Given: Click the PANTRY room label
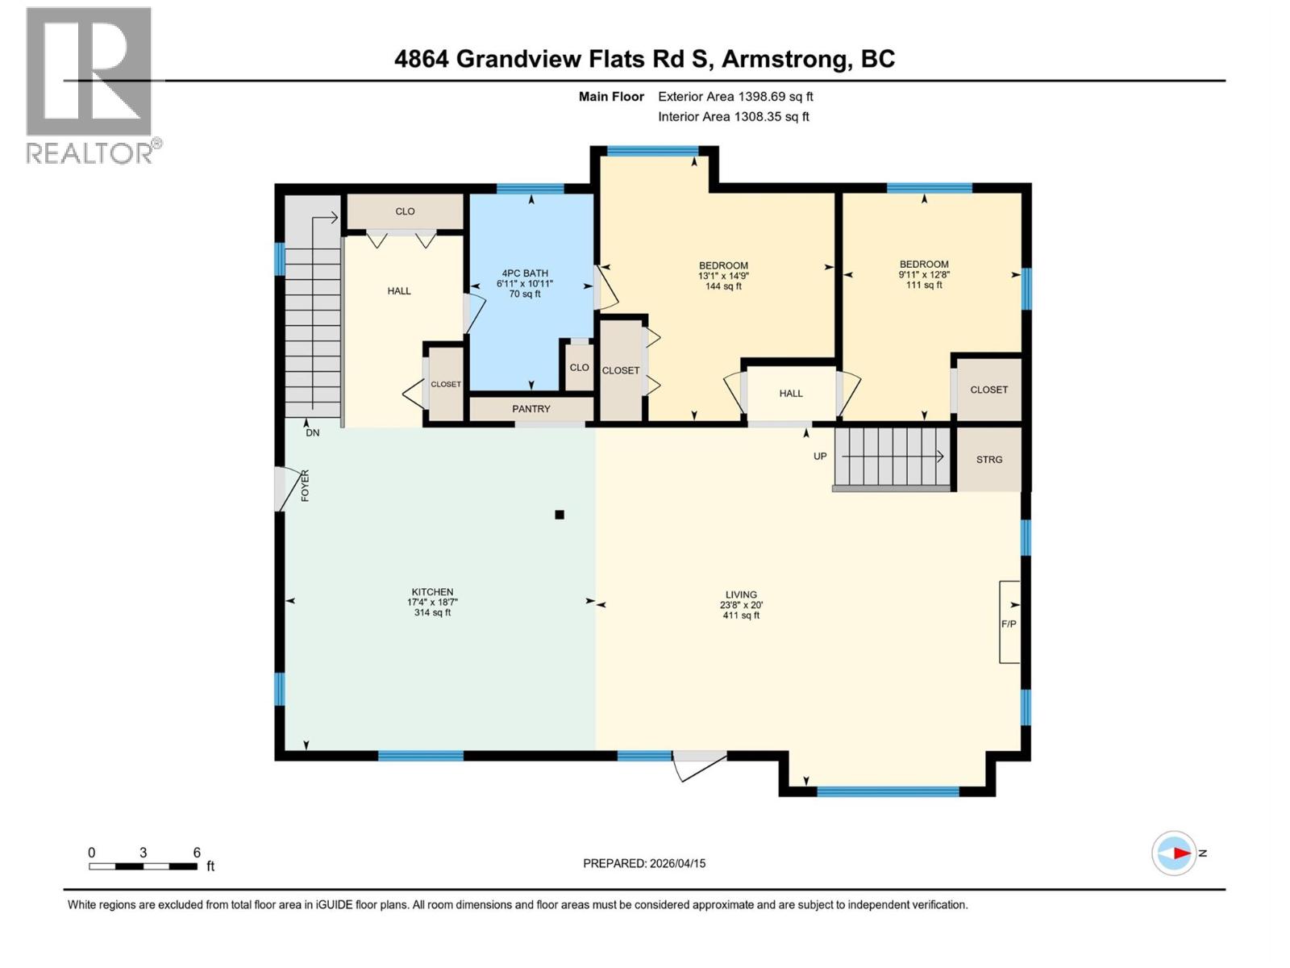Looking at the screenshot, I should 531,409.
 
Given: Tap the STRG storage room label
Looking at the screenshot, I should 989,459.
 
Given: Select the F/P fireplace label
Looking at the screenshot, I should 1008,624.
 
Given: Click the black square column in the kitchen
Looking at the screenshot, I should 560,515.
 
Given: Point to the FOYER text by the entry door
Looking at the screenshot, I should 305,486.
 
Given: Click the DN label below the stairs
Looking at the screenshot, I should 312,433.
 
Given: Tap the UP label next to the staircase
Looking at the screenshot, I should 820,457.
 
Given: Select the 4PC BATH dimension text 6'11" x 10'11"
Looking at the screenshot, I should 525,284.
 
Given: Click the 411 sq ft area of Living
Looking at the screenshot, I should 741,615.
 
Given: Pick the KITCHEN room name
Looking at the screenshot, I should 432,592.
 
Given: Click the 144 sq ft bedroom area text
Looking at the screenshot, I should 723,286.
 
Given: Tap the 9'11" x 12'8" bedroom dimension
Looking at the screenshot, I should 924,274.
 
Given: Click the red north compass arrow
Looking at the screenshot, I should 1181,853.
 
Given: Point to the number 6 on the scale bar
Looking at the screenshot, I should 197,853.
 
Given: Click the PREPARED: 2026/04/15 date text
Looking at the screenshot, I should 644,863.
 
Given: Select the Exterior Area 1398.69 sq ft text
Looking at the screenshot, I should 735,97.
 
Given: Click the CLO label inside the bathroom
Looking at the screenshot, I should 579,368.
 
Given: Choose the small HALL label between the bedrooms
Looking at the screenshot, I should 790,394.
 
